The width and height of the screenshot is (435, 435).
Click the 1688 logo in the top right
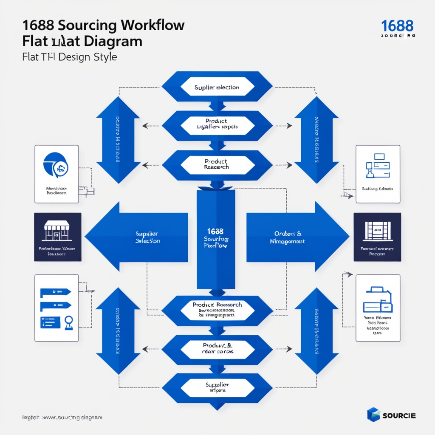coord(397,26)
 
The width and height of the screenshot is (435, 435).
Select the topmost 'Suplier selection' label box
coord(217,88)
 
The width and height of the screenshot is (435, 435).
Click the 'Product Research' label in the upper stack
coord(217,165)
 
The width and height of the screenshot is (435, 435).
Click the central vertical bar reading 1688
coord(215,238)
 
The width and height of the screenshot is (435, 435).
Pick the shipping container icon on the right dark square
coord(377,232)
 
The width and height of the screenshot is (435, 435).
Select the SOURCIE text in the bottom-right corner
coord(399,415)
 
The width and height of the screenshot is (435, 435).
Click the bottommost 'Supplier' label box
coord(217,387)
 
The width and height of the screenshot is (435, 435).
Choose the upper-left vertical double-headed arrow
coord(118,140)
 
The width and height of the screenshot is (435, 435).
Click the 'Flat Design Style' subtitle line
coord(69,56)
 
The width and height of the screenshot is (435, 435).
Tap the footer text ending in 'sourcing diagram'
coord(62,418)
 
